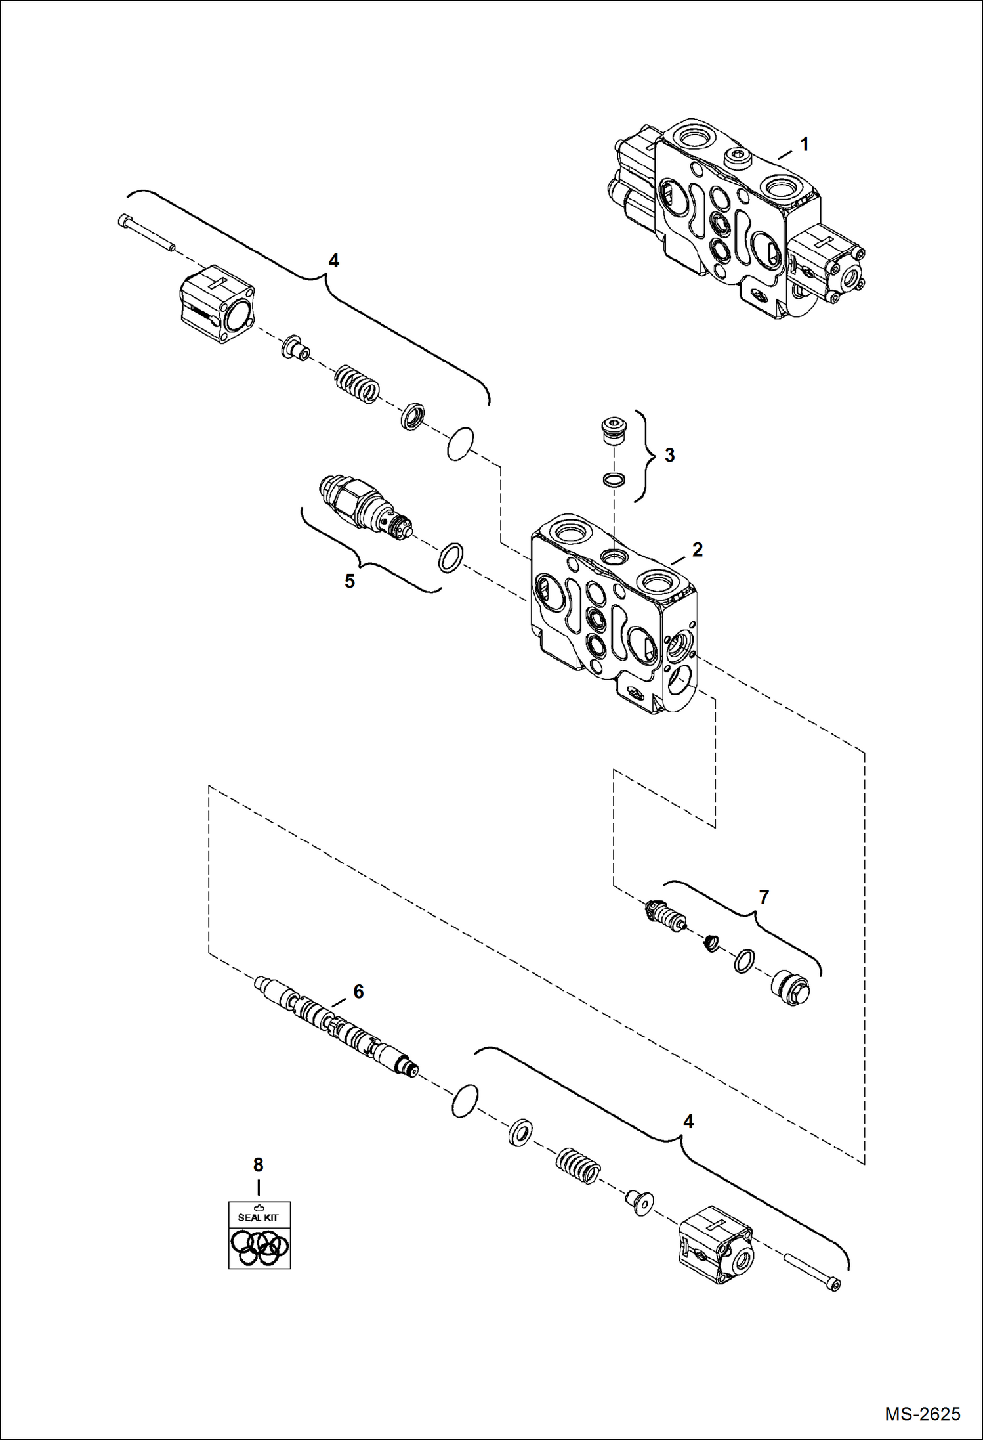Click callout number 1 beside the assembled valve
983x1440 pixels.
[804, 144]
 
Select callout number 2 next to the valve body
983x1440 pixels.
[697, 550]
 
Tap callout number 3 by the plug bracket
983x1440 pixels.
[669, 455]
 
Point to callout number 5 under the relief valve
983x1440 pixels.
[350, 580]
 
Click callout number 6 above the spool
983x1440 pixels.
[358, 991]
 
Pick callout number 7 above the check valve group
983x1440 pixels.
[763, 897]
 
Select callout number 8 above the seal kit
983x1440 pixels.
[258, 1165]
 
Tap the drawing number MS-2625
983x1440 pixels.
[922, 1414]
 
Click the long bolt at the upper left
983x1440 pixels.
[146, 232]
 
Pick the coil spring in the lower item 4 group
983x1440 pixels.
[578, 1166]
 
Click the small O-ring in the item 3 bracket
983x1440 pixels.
[614, 480]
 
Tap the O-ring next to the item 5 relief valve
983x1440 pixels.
[450, 557]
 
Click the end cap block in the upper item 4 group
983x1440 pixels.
[217, 297]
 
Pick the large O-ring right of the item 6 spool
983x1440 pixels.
[465, 1101]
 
